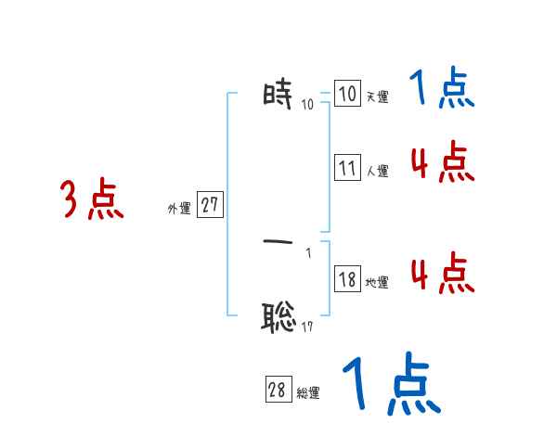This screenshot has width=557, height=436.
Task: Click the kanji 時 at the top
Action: [x=279, y=96]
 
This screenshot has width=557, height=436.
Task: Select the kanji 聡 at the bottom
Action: [x=279, y=318]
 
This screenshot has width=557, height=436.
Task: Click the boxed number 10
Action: [x=347, y=95]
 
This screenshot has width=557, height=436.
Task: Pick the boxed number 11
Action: [x=347, y=169]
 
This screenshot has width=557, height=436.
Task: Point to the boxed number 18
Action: [x=347, y=279]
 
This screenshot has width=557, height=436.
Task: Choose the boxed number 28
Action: [x=278, y=391]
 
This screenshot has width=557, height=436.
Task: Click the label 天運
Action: [x=377, y=96]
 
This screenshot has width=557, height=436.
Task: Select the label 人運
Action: [x=377, y=171]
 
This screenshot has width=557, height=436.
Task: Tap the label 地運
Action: [x=377, y=282]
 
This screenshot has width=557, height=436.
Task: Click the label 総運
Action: [x=308, y=393]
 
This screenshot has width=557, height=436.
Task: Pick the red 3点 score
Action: [x=93, y=200]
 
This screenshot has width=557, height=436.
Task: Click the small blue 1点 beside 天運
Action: [x=442, y=90]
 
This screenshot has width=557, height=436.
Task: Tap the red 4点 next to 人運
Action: [x=442, y=163]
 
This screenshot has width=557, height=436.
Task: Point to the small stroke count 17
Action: [x=306, y=327]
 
